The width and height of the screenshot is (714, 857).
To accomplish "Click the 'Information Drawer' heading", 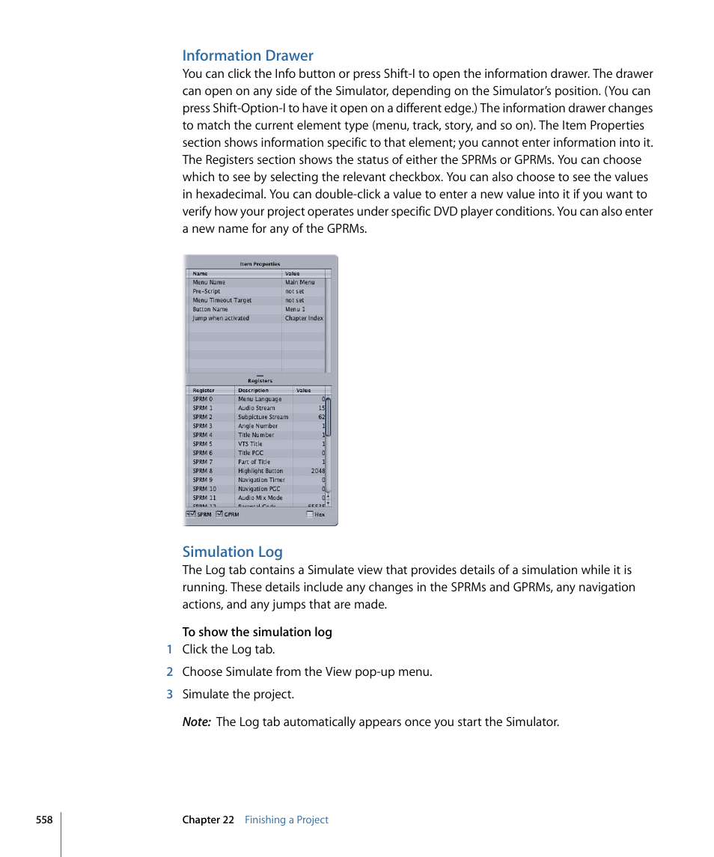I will (x=248, y=55).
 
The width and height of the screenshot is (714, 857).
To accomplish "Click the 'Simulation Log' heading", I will (x=232, y=552).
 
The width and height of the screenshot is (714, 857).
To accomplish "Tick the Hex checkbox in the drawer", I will (x=310, y=514).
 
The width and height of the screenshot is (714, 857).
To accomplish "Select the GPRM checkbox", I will (x=219, y=514).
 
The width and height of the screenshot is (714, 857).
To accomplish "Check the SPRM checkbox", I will (x=190, y=514).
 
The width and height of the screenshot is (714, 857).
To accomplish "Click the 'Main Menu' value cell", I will (x=299, y=282).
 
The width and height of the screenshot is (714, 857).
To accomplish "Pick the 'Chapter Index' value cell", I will (x=304, y=318).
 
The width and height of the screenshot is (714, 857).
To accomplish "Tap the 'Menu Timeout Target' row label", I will (x=222, y=300).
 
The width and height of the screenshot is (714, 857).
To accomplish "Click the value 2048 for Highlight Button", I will (x=318, y=471).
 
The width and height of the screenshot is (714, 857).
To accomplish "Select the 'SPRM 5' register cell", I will (x=202, y=444).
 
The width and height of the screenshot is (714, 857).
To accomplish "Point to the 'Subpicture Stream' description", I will (x=263, y=417).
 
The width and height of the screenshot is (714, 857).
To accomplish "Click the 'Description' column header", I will (x=253, y=390).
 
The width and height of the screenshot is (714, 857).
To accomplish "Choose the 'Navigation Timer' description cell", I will (x=261, y=480).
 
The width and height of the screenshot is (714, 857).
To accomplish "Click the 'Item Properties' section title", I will (x=260, y=263).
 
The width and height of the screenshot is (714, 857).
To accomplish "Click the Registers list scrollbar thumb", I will (x=328, y=417).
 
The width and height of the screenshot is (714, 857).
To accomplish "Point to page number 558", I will (x=44, y=820).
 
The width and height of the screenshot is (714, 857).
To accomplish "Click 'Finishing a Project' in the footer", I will (x=287, y=820).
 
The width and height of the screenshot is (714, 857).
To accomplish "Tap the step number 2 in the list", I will (x=169, y=672).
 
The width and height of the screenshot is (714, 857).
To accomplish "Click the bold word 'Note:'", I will (x=196, y=722).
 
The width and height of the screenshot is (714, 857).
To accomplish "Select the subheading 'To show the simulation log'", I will (x=257, y=632).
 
